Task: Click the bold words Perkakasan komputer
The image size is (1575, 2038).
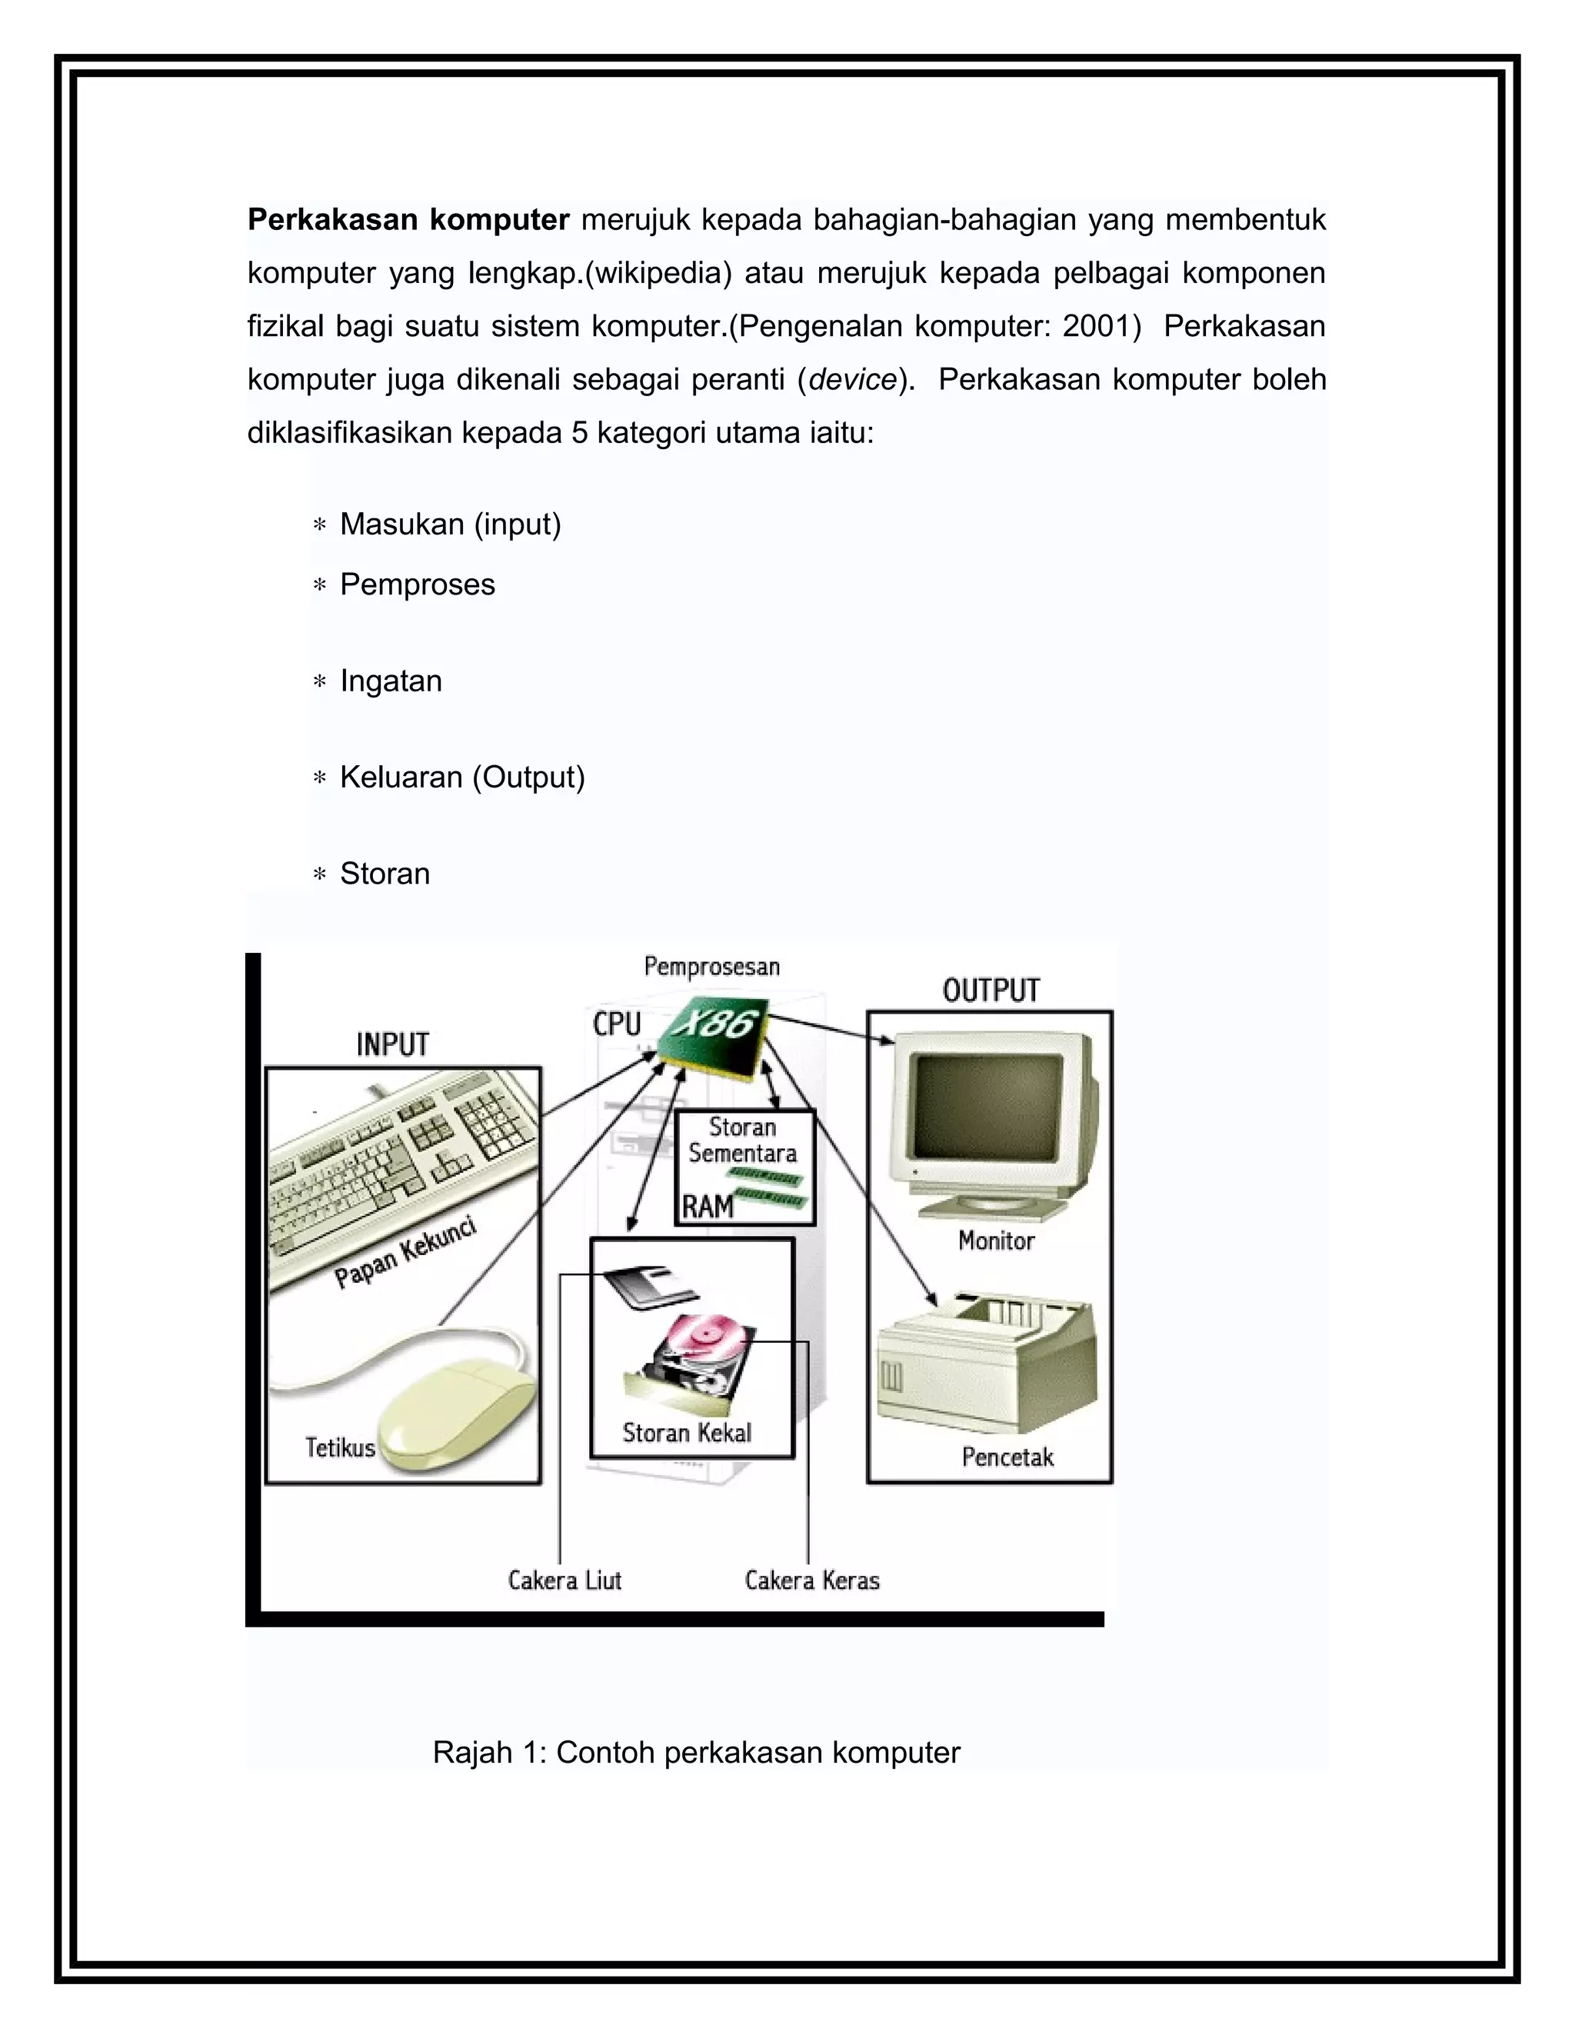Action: [x=408, y=220]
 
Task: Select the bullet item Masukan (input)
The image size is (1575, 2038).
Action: [x=450, y=524]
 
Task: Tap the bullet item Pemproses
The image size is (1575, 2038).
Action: [x=417, y=584]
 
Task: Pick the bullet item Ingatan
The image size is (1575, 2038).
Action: [x=390, y=681]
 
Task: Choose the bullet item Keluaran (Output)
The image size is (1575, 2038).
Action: [x=462, y=777]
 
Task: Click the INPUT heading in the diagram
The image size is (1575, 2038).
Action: [x=393, y=1044]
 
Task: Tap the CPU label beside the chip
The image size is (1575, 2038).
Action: [x=617, y=1024]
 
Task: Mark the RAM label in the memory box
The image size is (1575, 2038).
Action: [x=708, y=1207]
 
